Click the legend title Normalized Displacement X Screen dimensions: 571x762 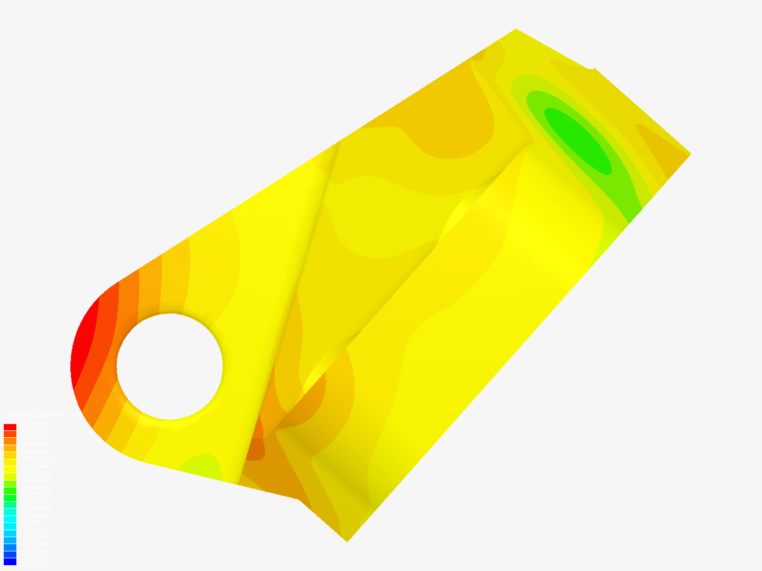pyautogui.click(x=42, y=415)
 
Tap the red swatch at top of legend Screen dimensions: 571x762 pyautogui.click(x=10, y=427)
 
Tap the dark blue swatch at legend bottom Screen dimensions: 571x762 pyautogui.click(x=10, y=561)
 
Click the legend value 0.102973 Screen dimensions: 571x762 pyautogui.click(x=34, y=423)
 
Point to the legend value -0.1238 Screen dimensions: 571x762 pyautogui.click(x=32, y=523)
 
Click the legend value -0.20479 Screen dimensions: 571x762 pyautogui.click(x=33, y=558)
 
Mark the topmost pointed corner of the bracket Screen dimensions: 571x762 pyautogui.click(x=516, y=30)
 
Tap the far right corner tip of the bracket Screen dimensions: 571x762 pyautogui.click(x=690, y=153)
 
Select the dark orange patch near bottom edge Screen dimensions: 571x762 pyautogui.click(x=256, y=447)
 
